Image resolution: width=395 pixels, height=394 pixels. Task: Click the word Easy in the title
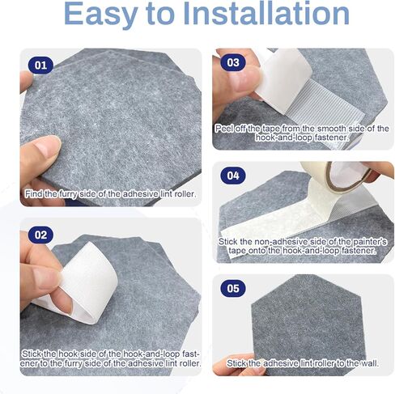tap(106, 15)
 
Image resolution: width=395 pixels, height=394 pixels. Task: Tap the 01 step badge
tap(40, 65)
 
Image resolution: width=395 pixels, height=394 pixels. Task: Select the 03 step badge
tap(232, 62)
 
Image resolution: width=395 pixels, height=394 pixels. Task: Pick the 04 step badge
tap(232, 175)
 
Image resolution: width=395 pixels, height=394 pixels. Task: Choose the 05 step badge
tap(232, 287)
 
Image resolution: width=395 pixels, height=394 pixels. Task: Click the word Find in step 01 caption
tap(36, 194)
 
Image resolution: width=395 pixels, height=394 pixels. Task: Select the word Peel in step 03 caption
tap(225, 128)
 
